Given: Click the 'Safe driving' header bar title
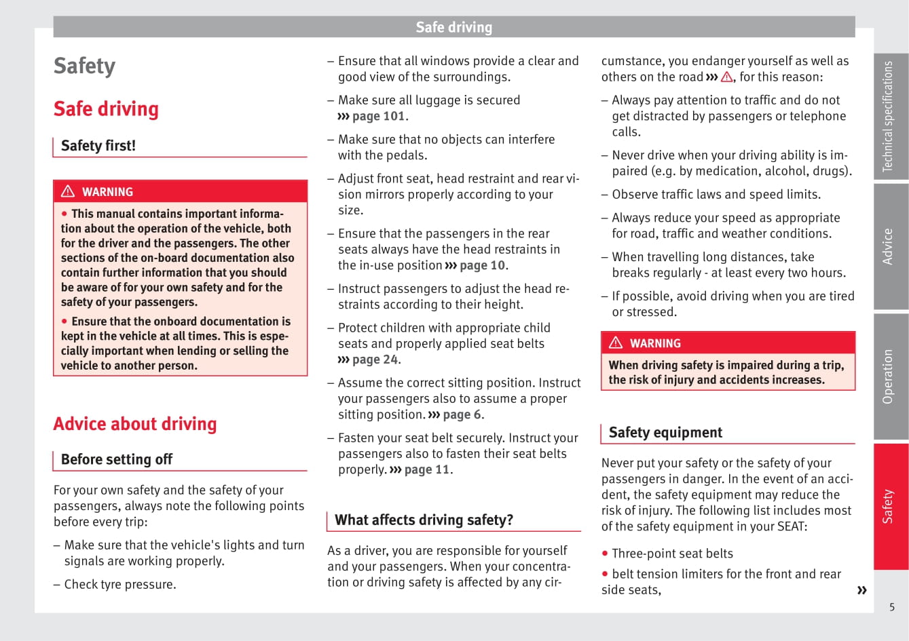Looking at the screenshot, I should (x=453, y=27).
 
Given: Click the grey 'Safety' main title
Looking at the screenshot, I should (x=85, y=66).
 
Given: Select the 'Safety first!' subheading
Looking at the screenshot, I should (x=98, y=146).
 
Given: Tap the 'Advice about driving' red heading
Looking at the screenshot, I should (x=135, y=424).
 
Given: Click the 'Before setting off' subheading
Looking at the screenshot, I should (x=117, y=459).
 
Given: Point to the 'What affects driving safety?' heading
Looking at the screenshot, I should (x=424, y=520).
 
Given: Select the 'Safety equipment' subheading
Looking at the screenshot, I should (x=665, y=433).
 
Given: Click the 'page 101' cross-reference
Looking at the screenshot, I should (x=378, y=116).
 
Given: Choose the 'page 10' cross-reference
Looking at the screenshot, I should (x=482, y=265).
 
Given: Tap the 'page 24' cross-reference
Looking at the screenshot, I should (x=375, y=360).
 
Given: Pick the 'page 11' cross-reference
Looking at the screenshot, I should (x=426, y=469).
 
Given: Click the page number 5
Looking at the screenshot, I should (x=892, y=607).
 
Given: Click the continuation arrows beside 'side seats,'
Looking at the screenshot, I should (x=861, y=590).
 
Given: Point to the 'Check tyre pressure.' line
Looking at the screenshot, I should (x=119, y=584).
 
